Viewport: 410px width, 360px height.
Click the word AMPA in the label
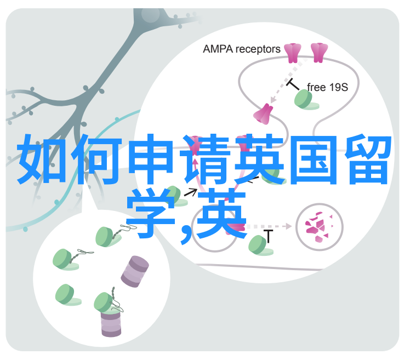click(x=218, y=49)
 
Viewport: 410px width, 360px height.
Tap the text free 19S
click(x=327, y=87)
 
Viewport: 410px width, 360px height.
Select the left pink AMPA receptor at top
click(x=293, y=53)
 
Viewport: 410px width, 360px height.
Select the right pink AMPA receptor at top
click(x=319, y=53)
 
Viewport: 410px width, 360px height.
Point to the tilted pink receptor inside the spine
click(x=263, y=114)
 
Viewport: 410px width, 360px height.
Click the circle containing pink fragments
click(x=319, y=227)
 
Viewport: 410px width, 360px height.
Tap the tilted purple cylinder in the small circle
click(x=135, y=272)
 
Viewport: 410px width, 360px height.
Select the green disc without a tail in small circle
click(x=67, y=295)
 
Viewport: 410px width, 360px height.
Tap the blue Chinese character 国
click(x=314, y=160)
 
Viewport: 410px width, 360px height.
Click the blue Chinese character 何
click(x=97, y=159)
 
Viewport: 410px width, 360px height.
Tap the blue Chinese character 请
click(x=206, y=159)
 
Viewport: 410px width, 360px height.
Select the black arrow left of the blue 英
click(x=191, y=192)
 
